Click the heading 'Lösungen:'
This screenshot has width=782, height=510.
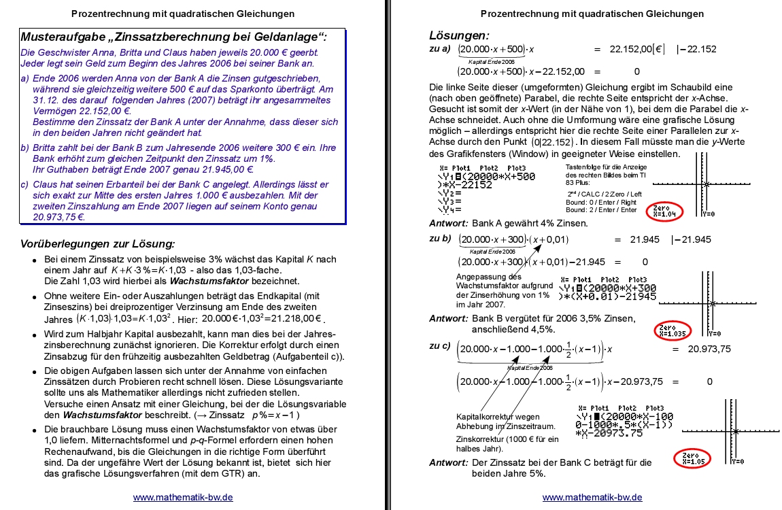[x=459, y=35]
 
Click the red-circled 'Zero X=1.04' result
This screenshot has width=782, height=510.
[x=664, y=210]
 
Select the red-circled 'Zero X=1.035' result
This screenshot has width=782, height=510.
[x=673, y=330]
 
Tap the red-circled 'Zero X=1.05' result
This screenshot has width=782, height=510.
[x=690, y=458]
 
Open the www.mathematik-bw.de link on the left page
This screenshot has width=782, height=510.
[x=183, y=497]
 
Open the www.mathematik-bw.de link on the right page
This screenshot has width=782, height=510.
[x=592, y=497]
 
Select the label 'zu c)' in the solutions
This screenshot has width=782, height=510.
[x=440, y=346]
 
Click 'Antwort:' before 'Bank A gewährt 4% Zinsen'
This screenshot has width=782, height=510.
[x=449, y=223]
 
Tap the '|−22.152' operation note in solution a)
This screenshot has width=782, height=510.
[x=696, y=49]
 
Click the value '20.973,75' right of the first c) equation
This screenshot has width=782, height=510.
[x=709, y=349]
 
